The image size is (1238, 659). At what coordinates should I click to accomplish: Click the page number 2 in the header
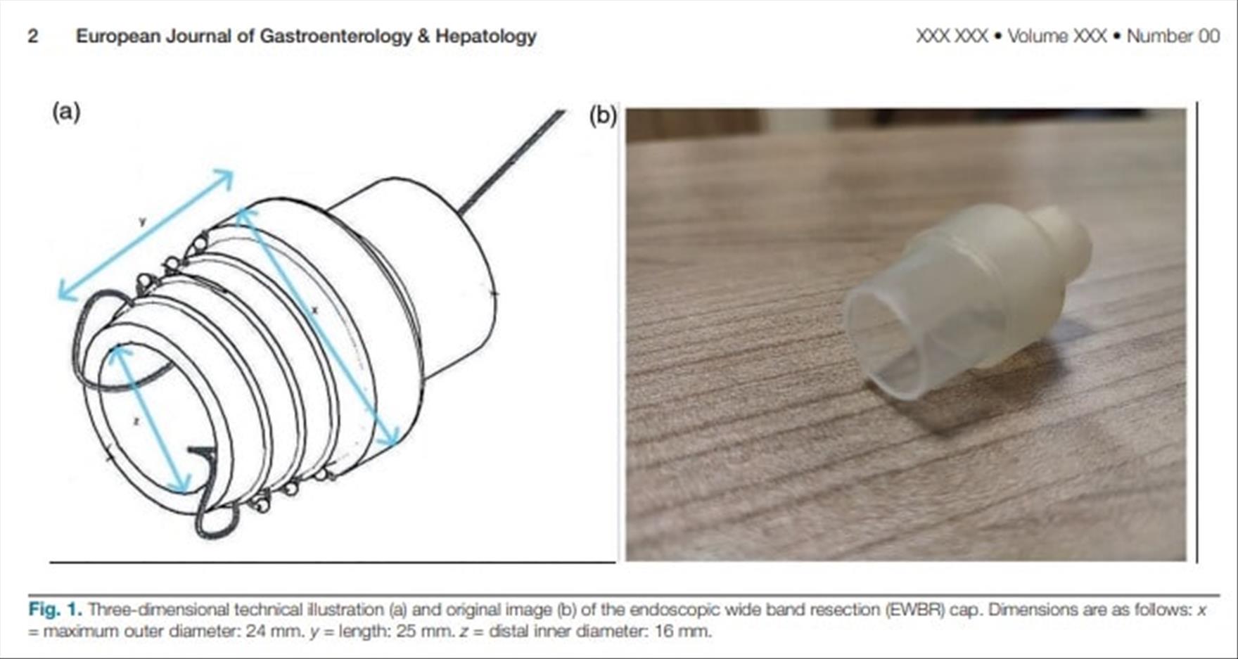33,36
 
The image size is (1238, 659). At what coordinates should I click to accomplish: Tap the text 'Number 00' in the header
1173,36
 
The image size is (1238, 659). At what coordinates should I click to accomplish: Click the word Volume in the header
1038,36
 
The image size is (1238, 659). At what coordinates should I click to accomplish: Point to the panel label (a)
66,112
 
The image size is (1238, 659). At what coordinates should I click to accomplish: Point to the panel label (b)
603,115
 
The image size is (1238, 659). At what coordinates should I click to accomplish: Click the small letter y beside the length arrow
143,222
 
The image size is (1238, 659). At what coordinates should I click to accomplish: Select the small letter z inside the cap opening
136,421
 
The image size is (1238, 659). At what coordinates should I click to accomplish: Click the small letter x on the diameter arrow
314,309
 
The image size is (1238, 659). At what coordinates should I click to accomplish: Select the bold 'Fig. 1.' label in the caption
55,609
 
